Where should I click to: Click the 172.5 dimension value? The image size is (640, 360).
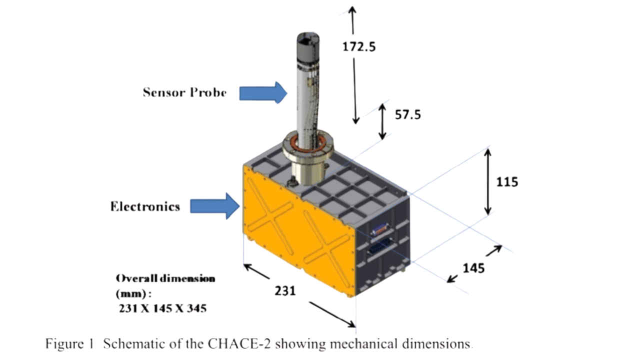pos(358,46)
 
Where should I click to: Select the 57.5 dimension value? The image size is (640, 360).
pos(408,114)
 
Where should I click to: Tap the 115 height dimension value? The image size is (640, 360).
pos(506,181)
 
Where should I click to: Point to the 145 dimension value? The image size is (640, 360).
pos(473,268)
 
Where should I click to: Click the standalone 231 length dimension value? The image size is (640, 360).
pos(285,290)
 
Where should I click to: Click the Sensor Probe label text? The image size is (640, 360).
pos(184,92)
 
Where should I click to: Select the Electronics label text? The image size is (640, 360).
pos(145,206)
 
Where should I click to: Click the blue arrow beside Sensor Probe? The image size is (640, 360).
pos(263,92)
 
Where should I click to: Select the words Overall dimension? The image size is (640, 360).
pos(165,278)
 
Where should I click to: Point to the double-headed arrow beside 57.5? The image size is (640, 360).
pos(382,121)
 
